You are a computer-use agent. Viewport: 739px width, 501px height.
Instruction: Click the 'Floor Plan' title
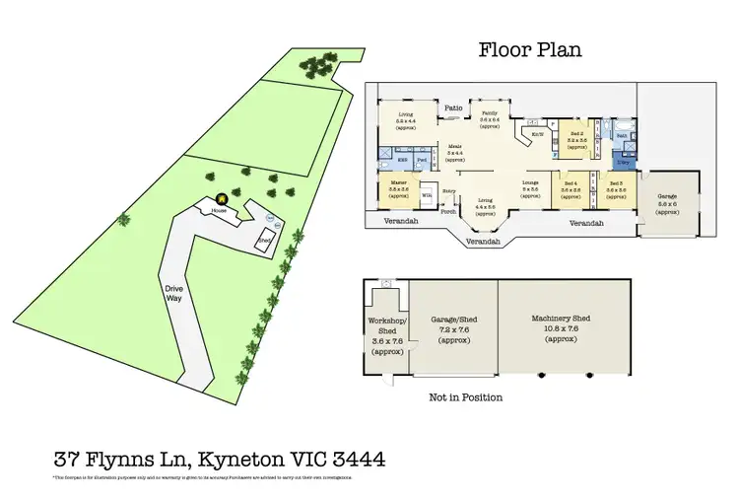point(531,49)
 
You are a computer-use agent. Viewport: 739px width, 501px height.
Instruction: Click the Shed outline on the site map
point(264,241)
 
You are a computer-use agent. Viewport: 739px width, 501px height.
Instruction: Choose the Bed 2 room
point(576,141)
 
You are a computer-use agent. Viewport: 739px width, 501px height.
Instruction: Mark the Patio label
point(452,108)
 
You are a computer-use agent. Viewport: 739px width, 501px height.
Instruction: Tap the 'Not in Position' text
point(466,397)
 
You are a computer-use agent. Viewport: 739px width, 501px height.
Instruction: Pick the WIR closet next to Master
point(427,195)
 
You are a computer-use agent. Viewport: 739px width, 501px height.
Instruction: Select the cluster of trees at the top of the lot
point(316,67)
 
